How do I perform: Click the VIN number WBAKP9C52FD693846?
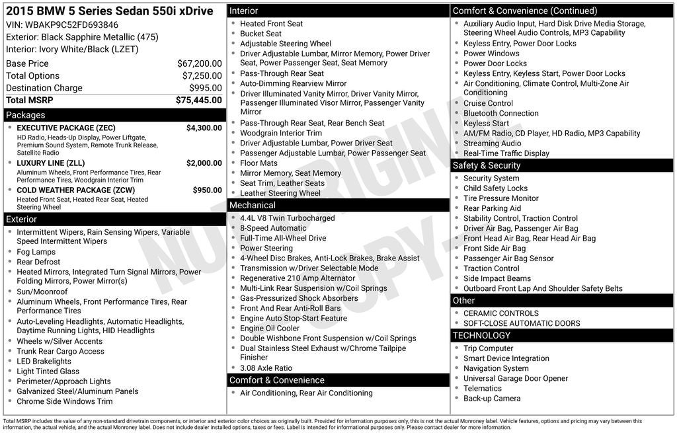click(x=71, y=24)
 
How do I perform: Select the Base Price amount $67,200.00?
click(x=199, y=63)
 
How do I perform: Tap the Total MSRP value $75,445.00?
click(x=198, y=100)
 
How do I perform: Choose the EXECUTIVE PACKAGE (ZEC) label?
click(x=66, y=128)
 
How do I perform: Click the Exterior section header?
click(x=22, y=219)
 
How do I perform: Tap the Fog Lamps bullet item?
click(x=36, y=252)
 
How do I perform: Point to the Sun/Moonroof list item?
click(x=42, y=292)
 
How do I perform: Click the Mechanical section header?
click(x=252, y=206)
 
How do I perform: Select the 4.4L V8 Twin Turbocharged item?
click(x=287, y=218)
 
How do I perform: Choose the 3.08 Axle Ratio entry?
click(x=266, y=368)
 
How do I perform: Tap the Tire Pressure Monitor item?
click(x=500, y=198)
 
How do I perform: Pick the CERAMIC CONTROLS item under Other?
click(x=500, y=313)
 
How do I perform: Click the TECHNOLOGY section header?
click(x=481, y=335)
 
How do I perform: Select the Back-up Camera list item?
click(x=491, y=399)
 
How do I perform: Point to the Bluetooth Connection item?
click(x=500, y=113)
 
